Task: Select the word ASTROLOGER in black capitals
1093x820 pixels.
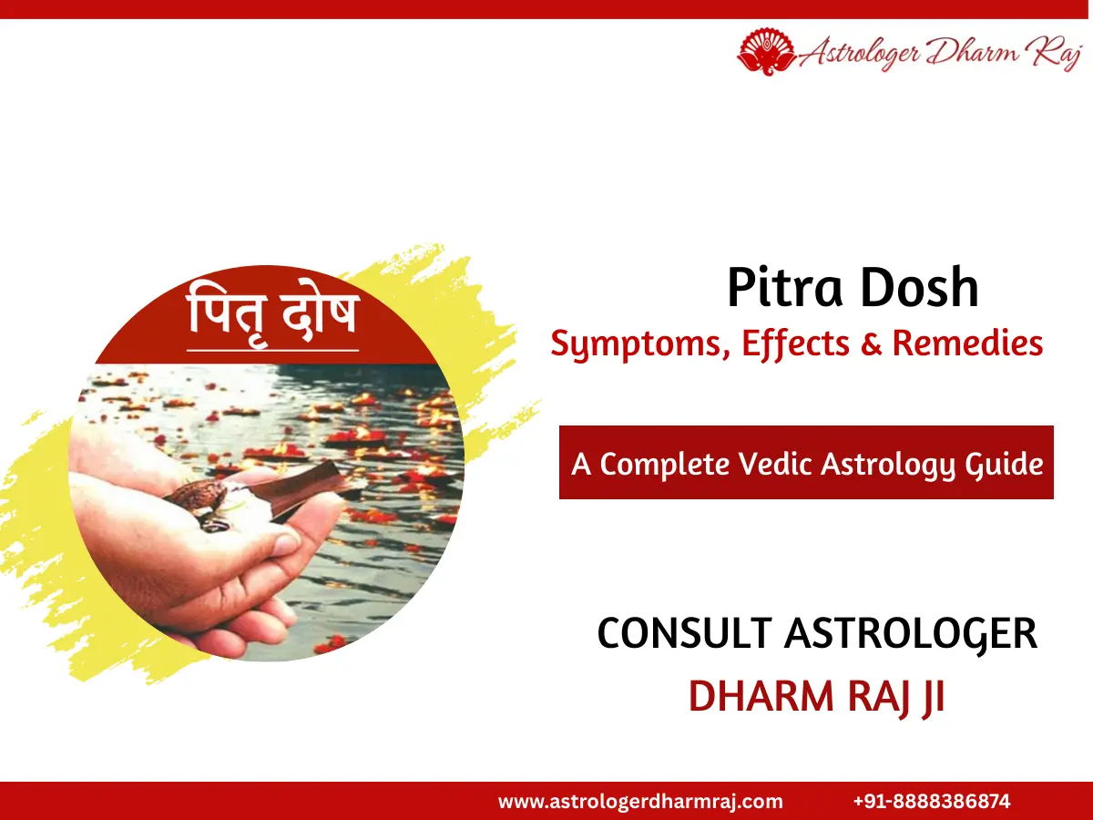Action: pos(910,633)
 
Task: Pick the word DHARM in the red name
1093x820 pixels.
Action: pos(750,696)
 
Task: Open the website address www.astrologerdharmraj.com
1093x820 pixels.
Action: pos(640,802)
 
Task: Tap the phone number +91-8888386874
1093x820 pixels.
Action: pos(932,802)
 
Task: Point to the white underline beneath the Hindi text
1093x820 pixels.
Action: pos(273,349)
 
